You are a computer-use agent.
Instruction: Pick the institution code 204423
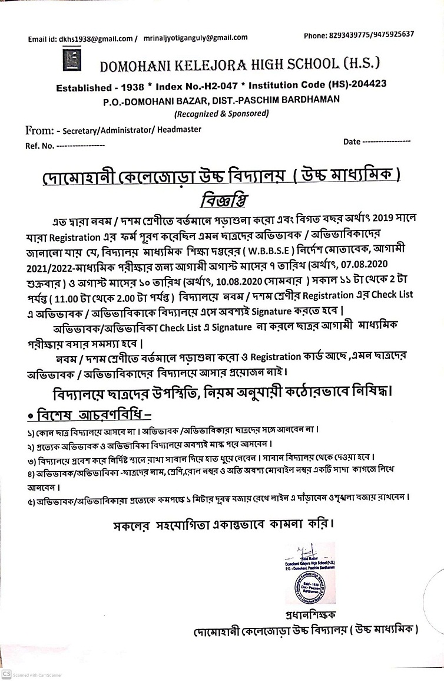click(369, 84)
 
